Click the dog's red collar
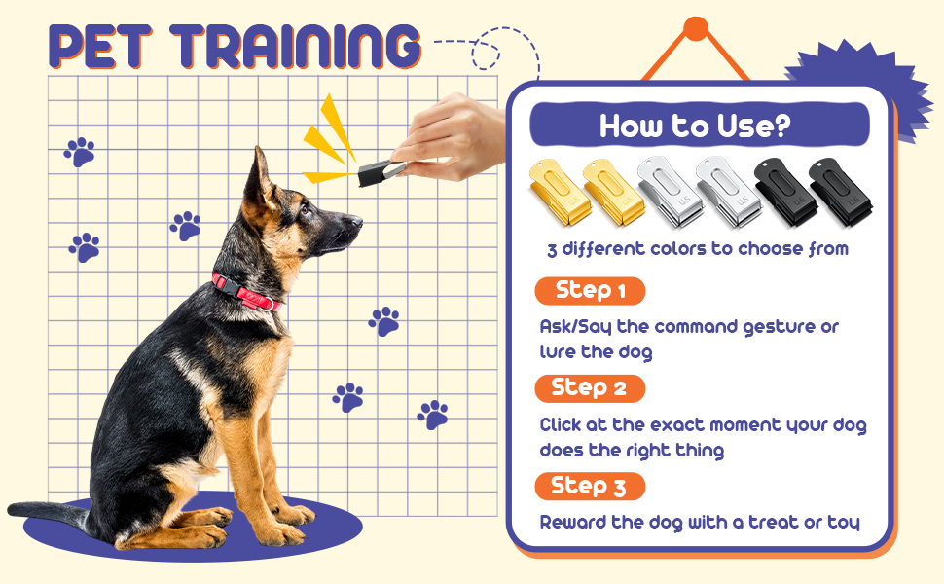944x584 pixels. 245,292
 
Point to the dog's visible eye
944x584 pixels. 307,210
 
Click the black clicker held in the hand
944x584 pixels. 381,172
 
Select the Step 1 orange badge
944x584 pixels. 590,291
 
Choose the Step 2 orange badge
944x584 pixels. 590,388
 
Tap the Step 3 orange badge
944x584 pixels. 590,487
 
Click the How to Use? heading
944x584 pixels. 695,126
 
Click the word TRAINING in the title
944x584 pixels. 295,47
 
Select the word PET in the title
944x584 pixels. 100,47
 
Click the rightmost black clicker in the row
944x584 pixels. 841,192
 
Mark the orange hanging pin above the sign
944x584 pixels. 696,29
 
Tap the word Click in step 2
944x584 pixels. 560,424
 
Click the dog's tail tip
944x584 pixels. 11,509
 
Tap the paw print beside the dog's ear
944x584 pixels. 186,226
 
